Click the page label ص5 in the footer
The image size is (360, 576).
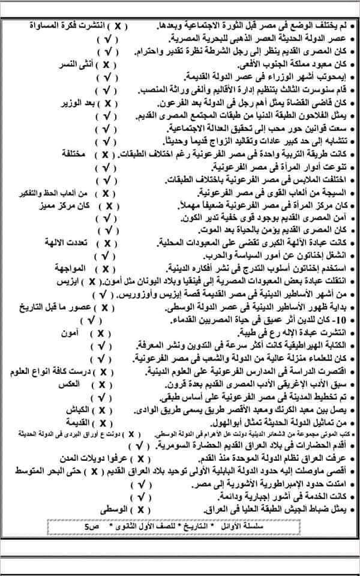click(90, 526)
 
